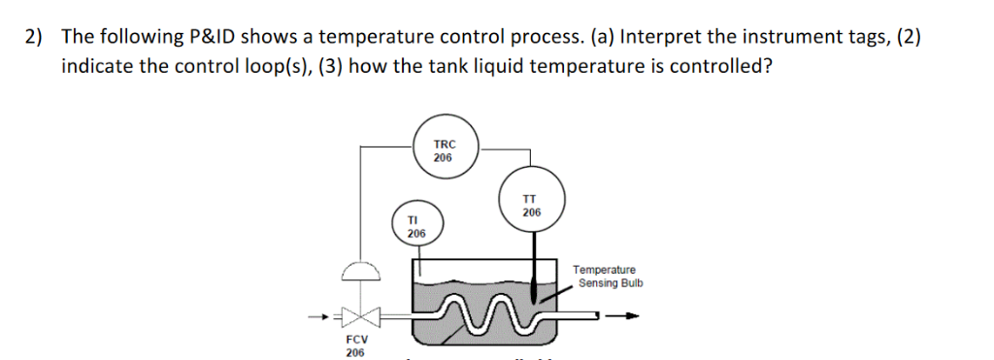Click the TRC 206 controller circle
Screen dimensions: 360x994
(445, 150)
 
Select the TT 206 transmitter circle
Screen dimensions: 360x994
(531, 206)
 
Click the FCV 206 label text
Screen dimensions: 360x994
(356, 346)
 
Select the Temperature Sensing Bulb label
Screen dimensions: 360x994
(606, 277)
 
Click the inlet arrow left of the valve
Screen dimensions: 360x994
(320, 316)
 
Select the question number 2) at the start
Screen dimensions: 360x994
(35, 38)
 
